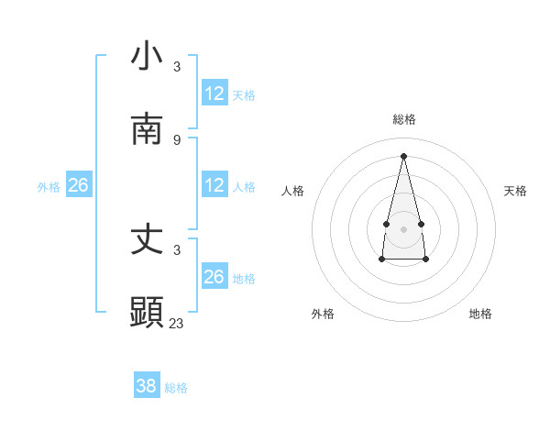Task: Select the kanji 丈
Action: [x=147, y=239]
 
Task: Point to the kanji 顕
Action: [x=147, y=313]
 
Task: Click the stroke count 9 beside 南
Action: [x=177, y=139]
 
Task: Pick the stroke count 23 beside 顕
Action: [x=177, y=323]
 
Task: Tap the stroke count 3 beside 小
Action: [x=177, y=66]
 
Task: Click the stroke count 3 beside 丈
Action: [x=177, y=249]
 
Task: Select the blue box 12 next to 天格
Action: [x=214, y=94]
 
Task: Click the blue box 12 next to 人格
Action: [x=214, y=185]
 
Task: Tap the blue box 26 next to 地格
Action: [x=214, y=277]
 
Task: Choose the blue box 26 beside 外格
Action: [x=78, y=185]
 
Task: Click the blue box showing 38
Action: [x=147, y=386]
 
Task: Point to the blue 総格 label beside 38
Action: [x=176, y=388]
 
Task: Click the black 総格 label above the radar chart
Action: [x=404, y=119]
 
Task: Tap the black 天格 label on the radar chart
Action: [x=516, y=191]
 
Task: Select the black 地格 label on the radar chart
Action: [x=480, y=314]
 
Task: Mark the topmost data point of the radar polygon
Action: [x=403, y=156]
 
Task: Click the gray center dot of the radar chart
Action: [x=403, y=228]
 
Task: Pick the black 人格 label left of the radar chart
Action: [x=293, y=191]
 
